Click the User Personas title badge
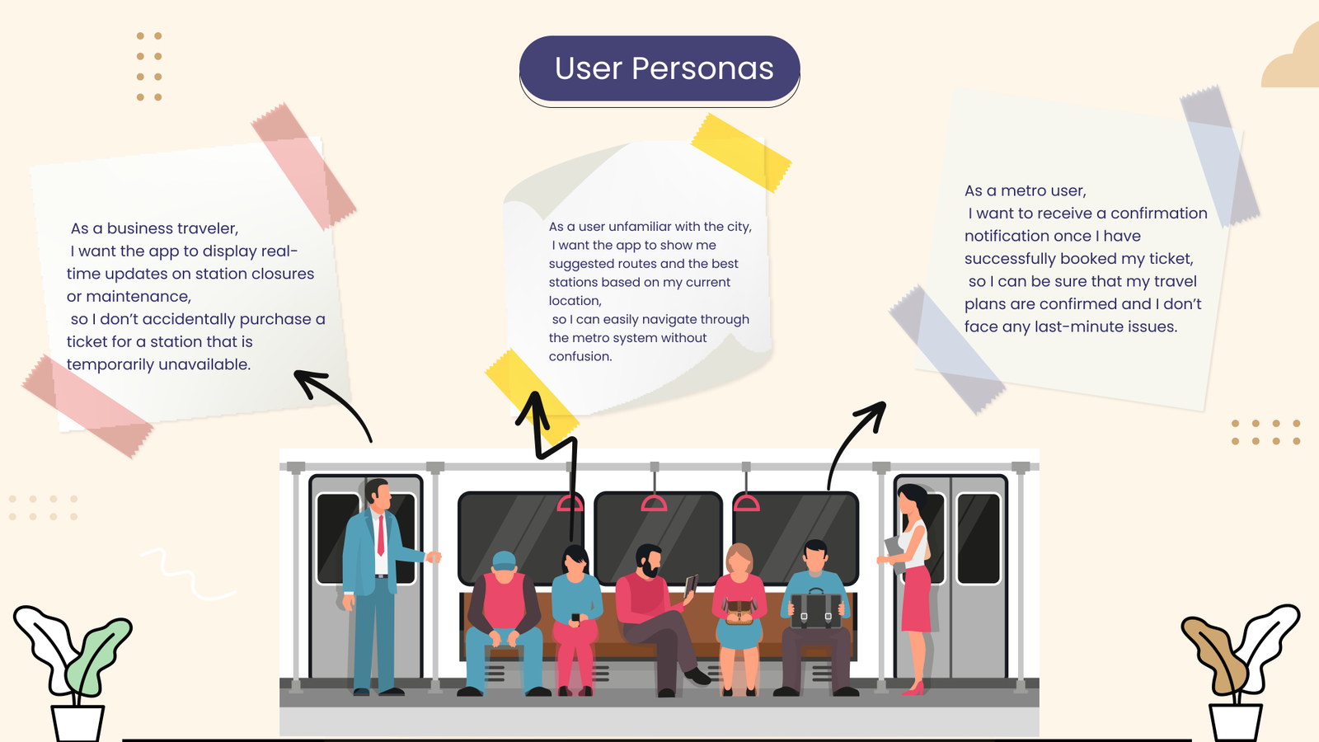click(659, 69)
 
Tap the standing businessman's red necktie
click(381, 535)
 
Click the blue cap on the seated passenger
click(504, 561)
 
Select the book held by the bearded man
click(691, 585)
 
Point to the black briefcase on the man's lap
click(816, 610)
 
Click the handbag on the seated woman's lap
click(739, 612)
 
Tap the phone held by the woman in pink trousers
click(575, 618)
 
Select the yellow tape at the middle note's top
click(741, 152)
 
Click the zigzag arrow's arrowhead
click(533, 409)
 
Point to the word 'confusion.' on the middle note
click(580, 356)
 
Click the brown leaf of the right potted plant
click(1215, 654)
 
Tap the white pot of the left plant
click(77, 723)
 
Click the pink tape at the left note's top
click(303, 166)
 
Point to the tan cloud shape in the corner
click(1292, 58)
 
